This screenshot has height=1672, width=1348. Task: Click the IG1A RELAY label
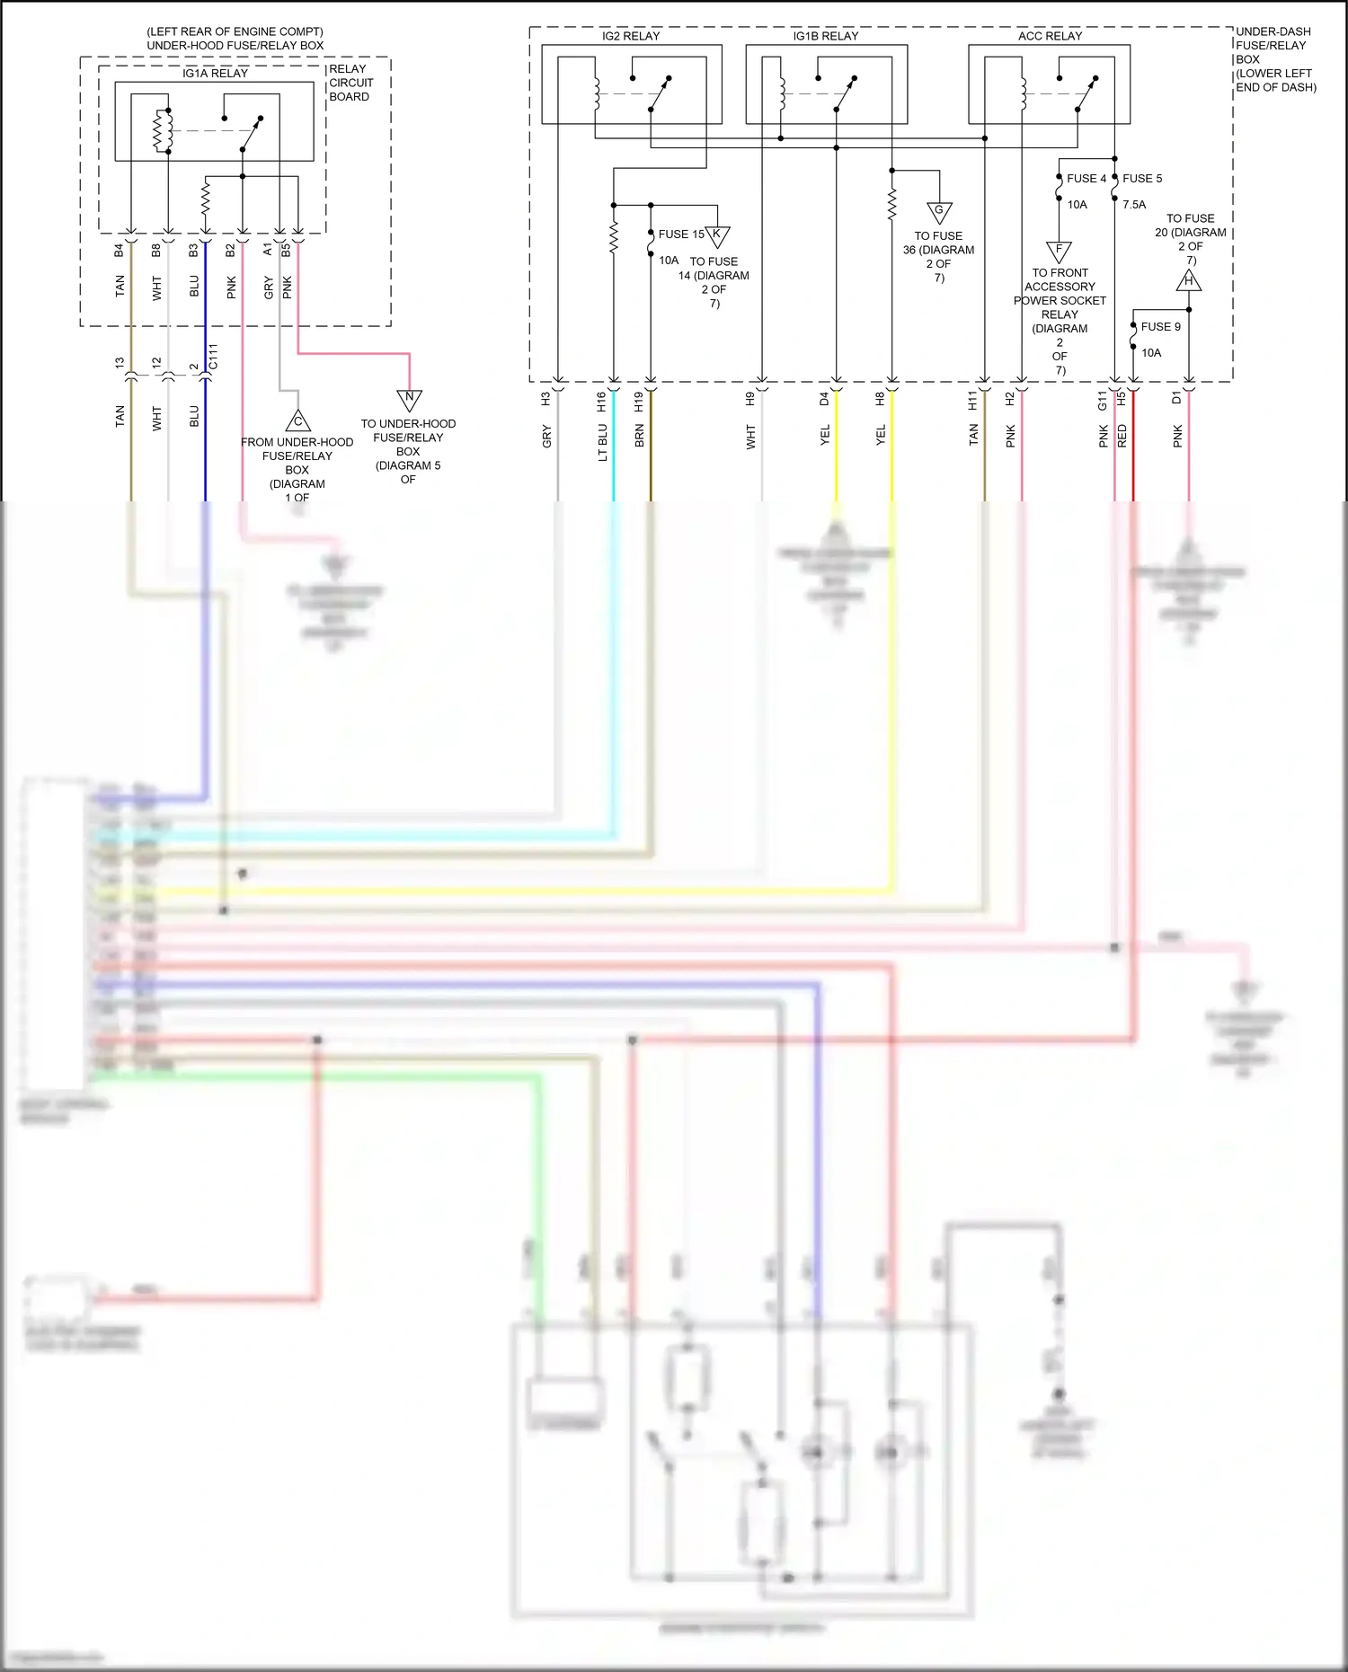pyautogui.click(x=215, y=74)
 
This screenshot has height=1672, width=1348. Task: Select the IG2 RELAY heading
pyautogui.click(x=631, y=36)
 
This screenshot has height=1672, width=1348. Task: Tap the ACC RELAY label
pyautogui.click(x=1050, y=36)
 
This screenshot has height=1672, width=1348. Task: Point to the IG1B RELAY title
pyautogui.click(x=825, y=36)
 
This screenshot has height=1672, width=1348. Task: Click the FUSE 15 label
pyautogui.click(x=681, y=234)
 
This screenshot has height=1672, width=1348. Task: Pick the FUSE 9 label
pyautogui.click(x=1160, y=327)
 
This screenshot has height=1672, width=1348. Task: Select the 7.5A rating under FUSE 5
pyautogui.click(x=1134, y=205)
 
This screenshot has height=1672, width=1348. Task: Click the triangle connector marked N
pyautogui.click(x=410, y=399)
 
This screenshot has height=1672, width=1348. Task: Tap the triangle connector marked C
pyautogui.click(x=297, y=420)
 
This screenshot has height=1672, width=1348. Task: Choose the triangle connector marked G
pyautogui.click(x=939, y=212)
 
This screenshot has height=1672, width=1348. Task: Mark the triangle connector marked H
pyautogui.click(x=1189, y=281)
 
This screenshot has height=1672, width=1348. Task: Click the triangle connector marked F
pyautogui.click(x=1059, y=251)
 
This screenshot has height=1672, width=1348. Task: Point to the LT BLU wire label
pyautogui.click(x=602, y=442)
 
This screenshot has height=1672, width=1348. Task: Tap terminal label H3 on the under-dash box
pyautogui.click(x=545, y=399)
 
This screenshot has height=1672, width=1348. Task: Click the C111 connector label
pyautogui.click(x=213, y=358)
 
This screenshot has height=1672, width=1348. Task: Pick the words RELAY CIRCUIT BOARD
pyautogui.click(x=350, y=83)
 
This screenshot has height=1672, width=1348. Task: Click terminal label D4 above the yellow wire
pyautogui.click(x=824, y=399)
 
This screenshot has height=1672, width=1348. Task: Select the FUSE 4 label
pyautogui.click(x=1086, y=179)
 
